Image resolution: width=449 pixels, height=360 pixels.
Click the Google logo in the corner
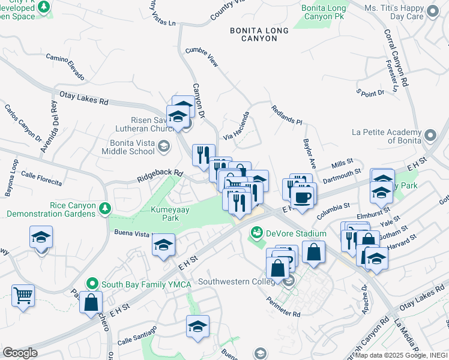pos(20,353)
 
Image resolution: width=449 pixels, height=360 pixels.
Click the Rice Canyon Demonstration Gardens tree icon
pos(106,209)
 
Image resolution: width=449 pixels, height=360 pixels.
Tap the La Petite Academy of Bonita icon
pos(429,136)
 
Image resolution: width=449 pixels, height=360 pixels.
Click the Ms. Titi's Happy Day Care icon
pos(432,12)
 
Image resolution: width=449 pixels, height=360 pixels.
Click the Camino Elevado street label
pos(64,66)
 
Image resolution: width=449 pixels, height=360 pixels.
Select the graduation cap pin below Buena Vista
pos(163,245)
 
